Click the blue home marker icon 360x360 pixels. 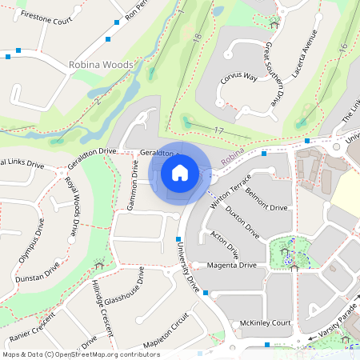pyautogui.click(x=180, y=173)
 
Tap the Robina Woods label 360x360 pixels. pyautogui.click(x=100, y=64)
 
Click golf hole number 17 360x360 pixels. pyautogui.click(x=218, y=130)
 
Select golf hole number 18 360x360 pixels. pyautogui.click(x=197, y=38)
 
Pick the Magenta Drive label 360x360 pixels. pyautogui.click(x=231, y=265)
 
